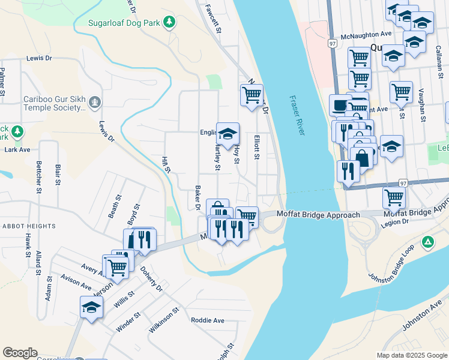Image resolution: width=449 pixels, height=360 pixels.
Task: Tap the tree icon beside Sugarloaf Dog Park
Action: [x=170, y=22]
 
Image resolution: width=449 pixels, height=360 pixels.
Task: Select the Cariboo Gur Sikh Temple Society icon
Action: [x=94, y=103]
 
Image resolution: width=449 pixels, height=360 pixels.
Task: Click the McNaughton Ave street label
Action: [x=366, y=35]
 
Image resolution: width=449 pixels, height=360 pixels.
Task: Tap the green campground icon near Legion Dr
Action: [x=427, y=242]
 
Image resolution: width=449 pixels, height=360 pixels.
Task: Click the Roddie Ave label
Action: [x=207, y=320]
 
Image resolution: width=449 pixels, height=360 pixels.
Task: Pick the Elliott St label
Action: [x=256, y=146]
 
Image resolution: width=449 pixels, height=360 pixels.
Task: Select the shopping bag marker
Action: [x=362, y=157]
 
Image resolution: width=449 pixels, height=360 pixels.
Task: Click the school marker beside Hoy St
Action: [x=228, y=134]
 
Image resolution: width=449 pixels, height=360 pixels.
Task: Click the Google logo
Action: [x=20, y=353]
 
